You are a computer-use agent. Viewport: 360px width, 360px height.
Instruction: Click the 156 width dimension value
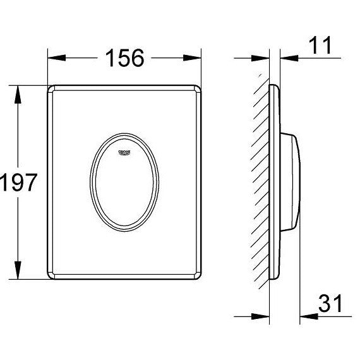(x=125, y=58)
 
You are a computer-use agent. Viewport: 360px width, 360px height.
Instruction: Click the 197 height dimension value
(x=18, y=183)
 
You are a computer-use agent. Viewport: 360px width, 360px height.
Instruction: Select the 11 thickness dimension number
(x=320, y=45)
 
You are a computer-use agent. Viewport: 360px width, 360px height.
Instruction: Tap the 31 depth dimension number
(x=330, y=303)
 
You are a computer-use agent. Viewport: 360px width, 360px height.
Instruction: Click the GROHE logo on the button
(x=124, y=152)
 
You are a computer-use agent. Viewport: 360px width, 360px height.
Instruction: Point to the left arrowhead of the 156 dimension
(x=56, y=58)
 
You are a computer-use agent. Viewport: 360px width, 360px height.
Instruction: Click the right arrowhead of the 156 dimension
(x=192, y=58)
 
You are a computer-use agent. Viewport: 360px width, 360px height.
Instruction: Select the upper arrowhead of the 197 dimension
(x=18, y=95)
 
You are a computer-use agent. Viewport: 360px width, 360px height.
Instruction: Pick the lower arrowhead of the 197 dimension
(x=18, y=270)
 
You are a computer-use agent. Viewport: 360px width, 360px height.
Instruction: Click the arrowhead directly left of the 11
(x=289, y=58)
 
